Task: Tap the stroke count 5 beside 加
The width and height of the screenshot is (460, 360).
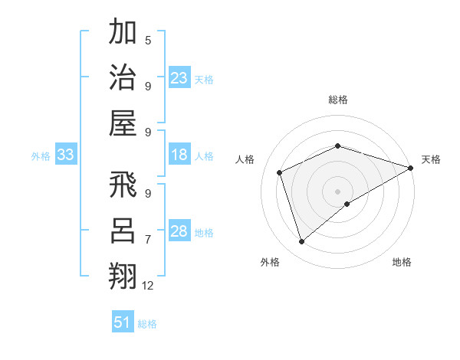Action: coord(148,41)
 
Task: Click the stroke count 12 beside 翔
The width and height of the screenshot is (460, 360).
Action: coord(148,285)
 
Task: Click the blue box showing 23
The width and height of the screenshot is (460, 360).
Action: coord(179,77)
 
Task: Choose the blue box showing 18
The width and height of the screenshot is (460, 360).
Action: coord(179,155)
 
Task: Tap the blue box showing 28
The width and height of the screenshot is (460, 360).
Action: coord(179,231)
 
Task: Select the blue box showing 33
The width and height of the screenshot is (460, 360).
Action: coord(65,155)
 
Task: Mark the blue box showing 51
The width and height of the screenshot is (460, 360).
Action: coord(122,322)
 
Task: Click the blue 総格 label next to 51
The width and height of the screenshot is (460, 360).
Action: coord(147,324)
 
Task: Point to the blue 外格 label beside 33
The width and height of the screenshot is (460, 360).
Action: coord(41,156)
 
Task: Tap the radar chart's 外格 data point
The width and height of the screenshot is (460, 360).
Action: coord(301,242)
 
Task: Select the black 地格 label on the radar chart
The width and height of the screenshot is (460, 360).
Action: coord(402,263)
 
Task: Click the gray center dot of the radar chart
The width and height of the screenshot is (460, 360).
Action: coord(337,191)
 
